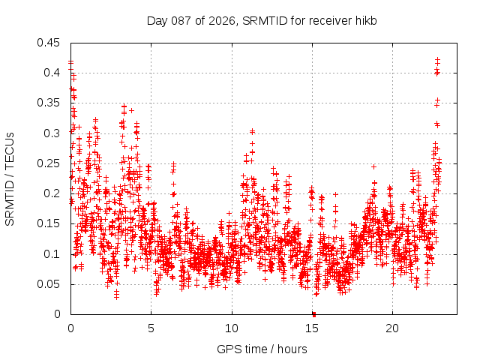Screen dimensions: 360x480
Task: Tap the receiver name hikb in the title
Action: (365, 20)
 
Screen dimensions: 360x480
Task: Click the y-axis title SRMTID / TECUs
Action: (10, 178)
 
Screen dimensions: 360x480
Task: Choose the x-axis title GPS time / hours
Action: (262, 349)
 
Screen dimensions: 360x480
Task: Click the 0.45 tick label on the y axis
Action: (50, 43)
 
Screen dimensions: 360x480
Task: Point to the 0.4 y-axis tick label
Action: (53, 73)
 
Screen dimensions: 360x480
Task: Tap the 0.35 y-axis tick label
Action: (50, 103)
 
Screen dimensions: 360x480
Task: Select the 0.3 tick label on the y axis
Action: (53, 133)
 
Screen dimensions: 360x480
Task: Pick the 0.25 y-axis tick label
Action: (50, 163)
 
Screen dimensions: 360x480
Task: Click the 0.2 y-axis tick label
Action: (53, 193)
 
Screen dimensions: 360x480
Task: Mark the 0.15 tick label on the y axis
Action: (50, 223)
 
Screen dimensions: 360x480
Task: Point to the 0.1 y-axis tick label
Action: (53, 254)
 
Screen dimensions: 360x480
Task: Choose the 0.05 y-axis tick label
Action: (50, 284)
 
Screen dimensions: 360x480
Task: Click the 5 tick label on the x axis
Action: (151, 328)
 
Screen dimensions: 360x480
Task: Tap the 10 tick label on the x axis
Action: (232, 328)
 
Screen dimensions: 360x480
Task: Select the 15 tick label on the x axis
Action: (312, 328)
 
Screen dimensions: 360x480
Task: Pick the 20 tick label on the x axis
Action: (392, 328)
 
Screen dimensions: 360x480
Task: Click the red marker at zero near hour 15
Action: (314, 314)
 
